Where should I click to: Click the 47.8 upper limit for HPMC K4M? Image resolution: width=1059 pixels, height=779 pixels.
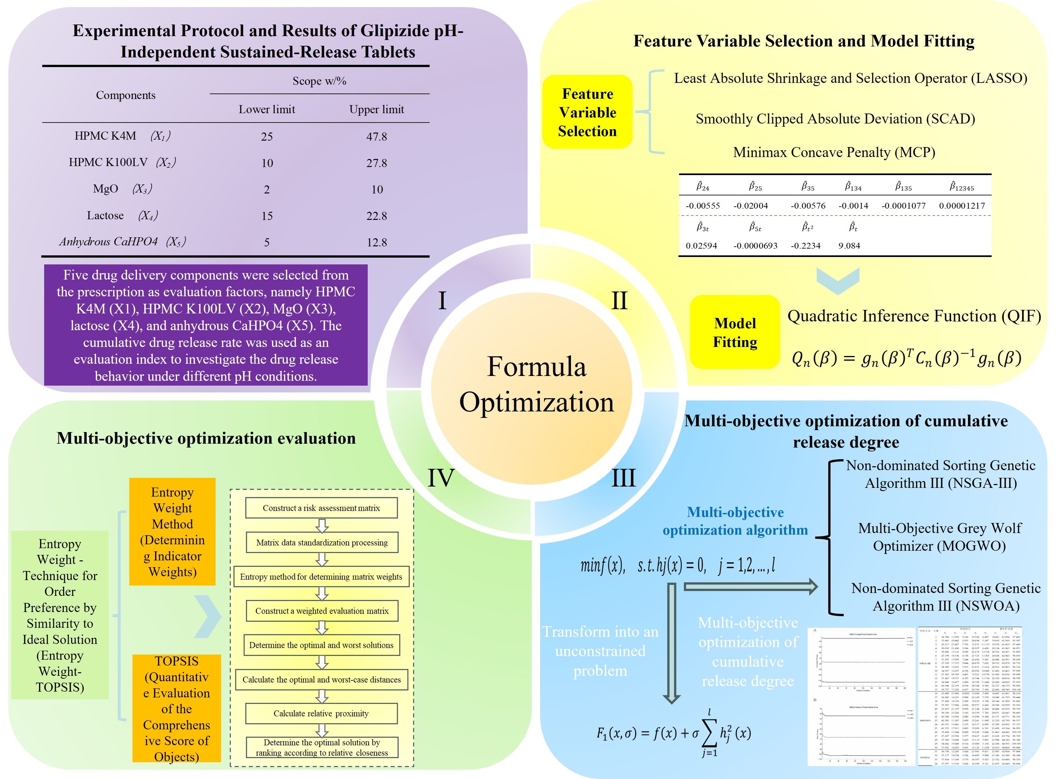tap(376, 137)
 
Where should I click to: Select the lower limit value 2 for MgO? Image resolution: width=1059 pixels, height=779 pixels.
tap(267, 190)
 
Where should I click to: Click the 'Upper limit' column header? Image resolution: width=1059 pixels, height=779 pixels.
tap(376, 109)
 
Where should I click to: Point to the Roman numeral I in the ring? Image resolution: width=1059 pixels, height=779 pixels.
tap(442, 301)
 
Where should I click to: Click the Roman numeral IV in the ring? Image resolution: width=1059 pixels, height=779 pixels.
tap(441, 477)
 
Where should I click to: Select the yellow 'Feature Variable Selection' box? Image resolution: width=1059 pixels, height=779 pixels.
tap(587, 112)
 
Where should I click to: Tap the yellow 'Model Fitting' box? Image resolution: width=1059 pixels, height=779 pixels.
tap(735, 332)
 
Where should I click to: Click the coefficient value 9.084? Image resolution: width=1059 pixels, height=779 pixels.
tap(849, 246)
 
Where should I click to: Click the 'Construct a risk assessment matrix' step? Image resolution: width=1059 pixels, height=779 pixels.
tap(321, 508)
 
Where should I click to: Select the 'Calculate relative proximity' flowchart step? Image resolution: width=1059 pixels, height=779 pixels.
tap(321, 714)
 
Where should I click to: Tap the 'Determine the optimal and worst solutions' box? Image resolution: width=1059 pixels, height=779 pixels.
tap(321, 645)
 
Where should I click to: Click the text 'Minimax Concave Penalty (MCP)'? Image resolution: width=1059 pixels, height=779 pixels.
tap(834, 152)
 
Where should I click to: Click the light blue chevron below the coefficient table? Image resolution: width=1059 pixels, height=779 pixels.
tap(838, 281)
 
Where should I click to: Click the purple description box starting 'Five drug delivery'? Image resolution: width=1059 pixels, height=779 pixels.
tap(206, 325)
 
